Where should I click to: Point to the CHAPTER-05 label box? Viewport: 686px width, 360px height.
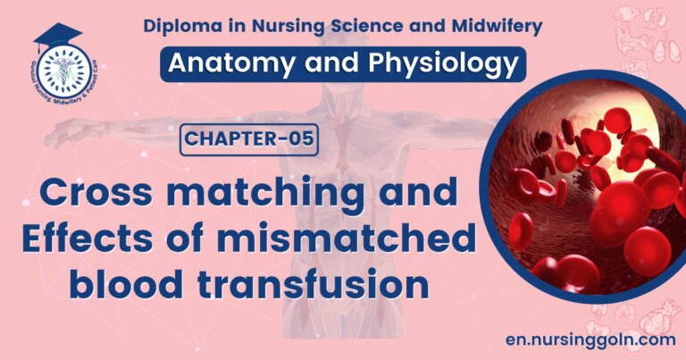(249, 141)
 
